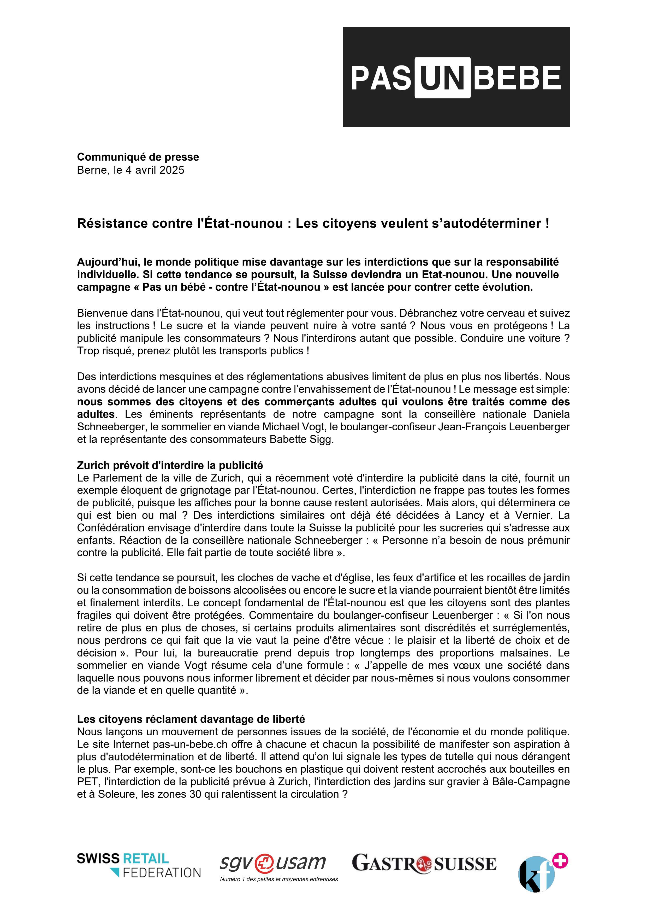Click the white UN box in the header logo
[442, 78]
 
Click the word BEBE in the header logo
[518, 78]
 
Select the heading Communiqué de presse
[138, 157]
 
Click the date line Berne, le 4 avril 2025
[131, 170]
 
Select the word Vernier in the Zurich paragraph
[532, 515]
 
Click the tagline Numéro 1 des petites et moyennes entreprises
[279, 879]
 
